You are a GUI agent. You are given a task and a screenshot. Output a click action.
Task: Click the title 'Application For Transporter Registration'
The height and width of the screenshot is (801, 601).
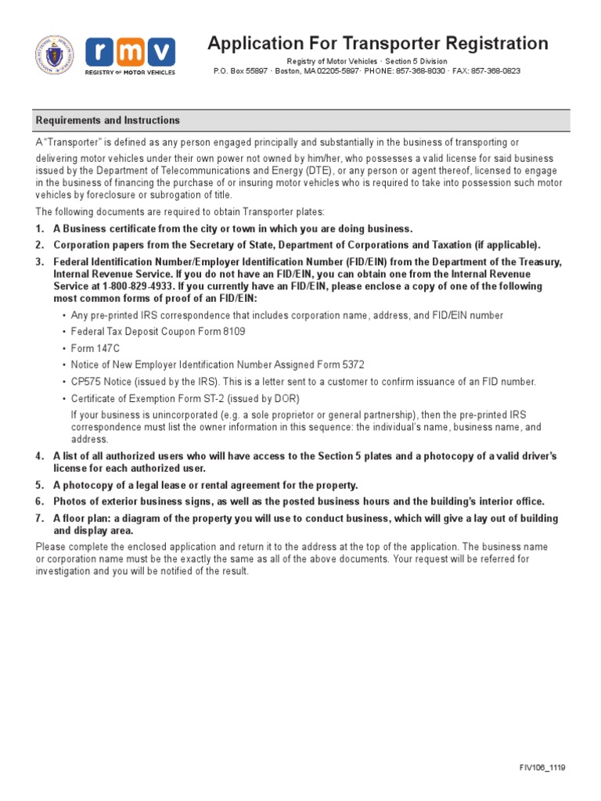coord(377,43)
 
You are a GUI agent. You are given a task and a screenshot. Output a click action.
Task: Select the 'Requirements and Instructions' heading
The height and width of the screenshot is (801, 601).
coord(108,120)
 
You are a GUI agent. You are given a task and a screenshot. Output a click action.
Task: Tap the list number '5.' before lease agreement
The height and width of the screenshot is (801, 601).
coord(39,485)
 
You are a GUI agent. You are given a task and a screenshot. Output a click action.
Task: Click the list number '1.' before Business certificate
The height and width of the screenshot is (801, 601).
coord(39,228)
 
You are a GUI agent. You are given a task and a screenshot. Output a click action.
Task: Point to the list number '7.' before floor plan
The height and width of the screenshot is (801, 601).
coord(39,519)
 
